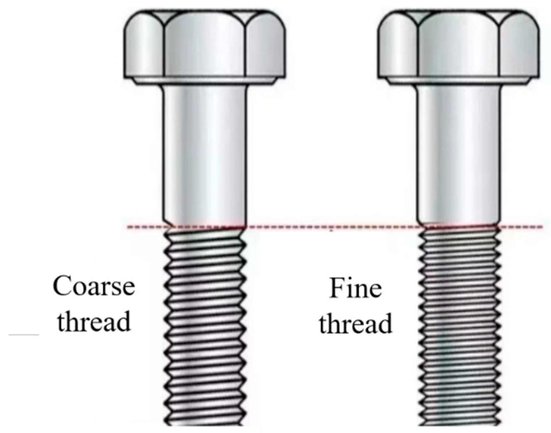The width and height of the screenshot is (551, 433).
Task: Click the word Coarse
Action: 94,286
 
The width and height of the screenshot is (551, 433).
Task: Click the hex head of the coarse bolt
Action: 205,44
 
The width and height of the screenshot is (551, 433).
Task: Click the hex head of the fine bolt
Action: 459,44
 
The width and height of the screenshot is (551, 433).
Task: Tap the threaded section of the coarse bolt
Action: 205,324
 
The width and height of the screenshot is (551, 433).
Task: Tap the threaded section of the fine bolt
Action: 459,324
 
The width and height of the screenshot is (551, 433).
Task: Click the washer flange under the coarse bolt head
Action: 205,81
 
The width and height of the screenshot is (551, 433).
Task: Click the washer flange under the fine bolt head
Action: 459,81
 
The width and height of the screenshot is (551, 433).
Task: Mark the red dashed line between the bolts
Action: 331,226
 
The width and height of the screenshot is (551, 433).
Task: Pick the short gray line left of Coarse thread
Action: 24,335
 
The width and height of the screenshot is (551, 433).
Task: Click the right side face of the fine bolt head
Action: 519,48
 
